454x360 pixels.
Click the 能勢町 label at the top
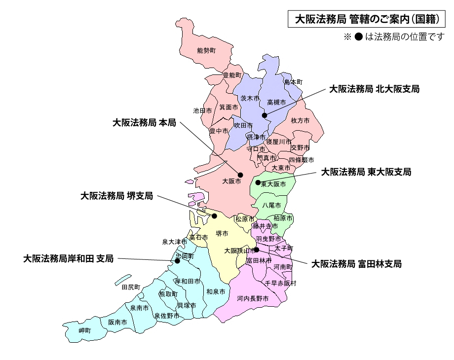pyautogui.click(x=206, y=51)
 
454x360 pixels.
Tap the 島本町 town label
pyautogui.click(x=293, y=82)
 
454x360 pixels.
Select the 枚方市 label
pyautogui.click(x=300, y=121)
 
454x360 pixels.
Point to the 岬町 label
pyautogui.click(x=85, y=330)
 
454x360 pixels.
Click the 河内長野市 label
pyautogui.click(x=252, y=299)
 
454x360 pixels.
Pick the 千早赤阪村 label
pyautogui.click(x=281, y=284)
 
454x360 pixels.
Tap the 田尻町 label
pyautogui.click(x=131, y=287)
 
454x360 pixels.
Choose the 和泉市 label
pyautogui.click(x=216, y=291)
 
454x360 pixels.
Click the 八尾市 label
pyautogui.click(x=271, y=205)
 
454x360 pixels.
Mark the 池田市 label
pyautogui.click(x=202, y=111)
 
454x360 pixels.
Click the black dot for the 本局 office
pyautogui.click(x=241, y=175)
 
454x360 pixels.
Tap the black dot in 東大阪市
pyautogui.click(x=258, y=182)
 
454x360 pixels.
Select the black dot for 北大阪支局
pyautogui.click(x=265, y=115)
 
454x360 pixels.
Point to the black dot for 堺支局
pyautogui.click(x=214, y=216)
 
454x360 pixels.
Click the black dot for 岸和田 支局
pyautogui.click(x=177, y=260)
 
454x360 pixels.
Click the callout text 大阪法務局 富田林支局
pyautogui.click(x=356, y=264)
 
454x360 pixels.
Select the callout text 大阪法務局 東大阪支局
pyautogui.click(x=366, y=172)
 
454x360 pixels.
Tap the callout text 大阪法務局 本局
pyautogui.click(x=144, y=123)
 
